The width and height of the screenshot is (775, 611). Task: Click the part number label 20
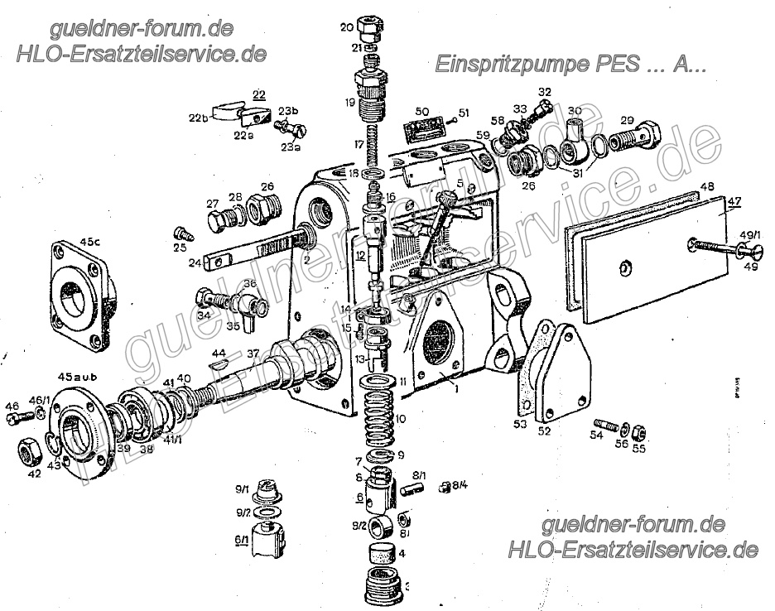coord(345,27)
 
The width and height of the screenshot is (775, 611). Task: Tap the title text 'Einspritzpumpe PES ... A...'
coord(570,65)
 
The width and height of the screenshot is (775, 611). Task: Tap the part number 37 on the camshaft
coord(253,353)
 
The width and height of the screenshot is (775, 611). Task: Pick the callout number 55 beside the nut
coord(639,449)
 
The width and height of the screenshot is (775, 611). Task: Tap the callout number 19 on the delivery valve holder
coord(350,103)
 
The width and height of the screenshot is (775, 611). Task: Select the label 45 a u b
coord(79,377)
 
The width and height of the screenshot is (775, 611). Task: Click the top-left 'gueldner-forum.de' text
coord(141,30)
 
